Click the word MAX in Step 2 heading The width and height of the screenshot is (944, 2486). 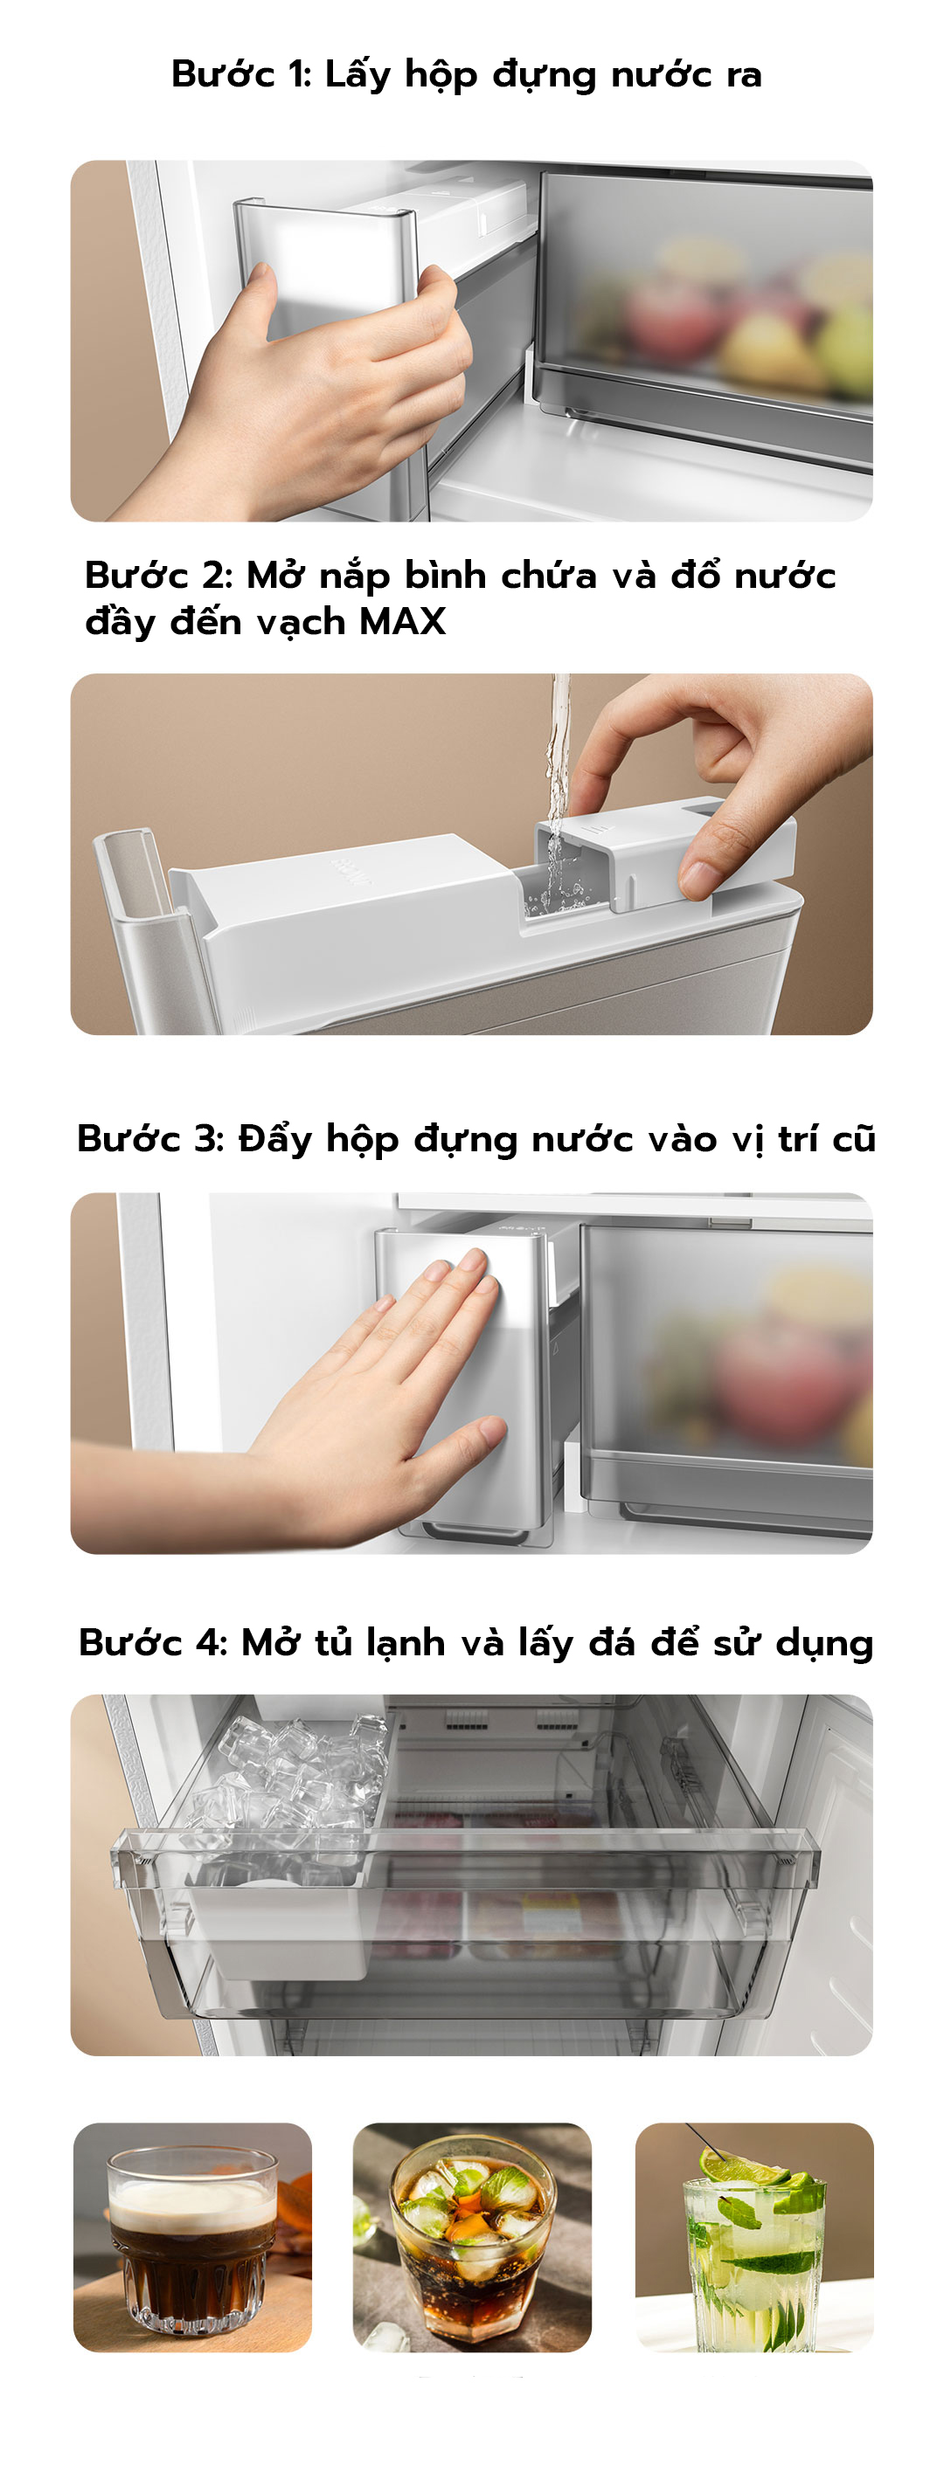pos(402,622)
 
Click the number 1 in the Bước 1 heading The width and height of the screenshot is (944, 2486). pos(296,74)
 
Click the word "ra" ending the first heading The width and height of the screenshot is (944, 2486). pos(743,74)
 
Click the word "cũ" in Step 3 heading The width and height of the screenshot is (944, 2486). pos(853,1139)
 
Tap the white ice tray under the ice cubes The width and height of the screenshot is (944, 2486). pos(289,1930)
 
